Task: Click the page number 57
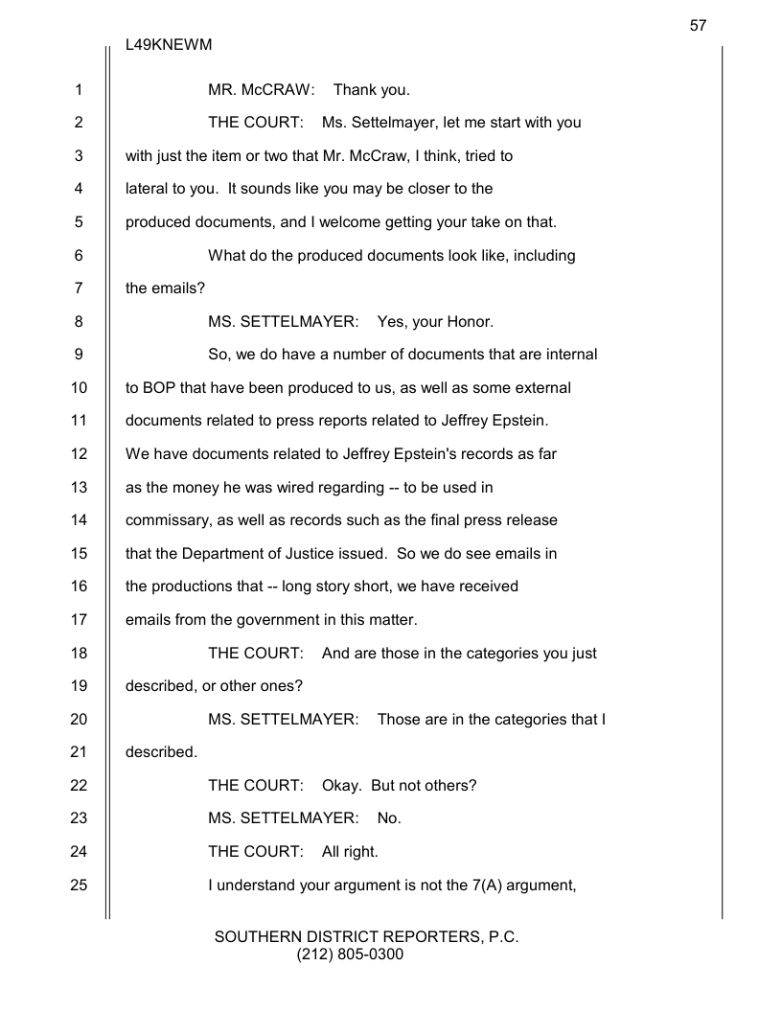click(698, 26)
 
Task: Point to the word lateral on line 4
click(147, 190)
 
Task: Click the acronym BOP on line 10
click(159, 388)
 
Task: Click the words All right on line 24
click(350, 852)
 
